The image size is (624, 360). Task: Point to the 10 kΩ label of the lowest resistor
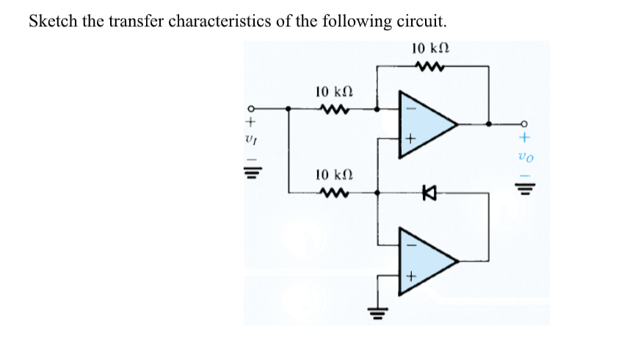point(330,176)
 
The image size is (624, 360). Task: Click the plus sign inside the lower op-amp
point(412,277)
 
